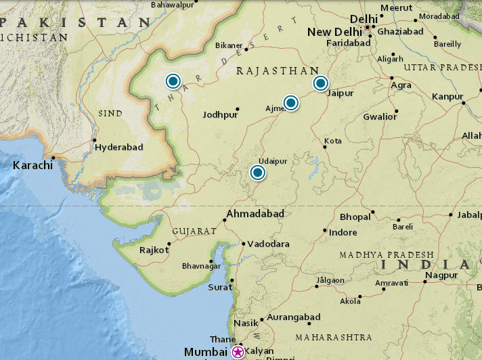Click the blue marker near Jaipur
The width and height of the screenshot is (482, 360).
[x=320, y=83]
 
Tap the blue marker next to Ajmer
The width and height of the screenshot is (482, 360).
[x=290, y=103]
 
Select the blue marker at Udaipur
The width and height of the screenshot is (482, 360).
[x=257, y=173]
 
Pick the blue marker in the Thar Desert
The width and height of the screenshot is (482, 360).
[x=173, y=81]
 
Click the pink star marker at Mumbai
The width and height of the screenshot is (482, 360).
[x=238, y=352]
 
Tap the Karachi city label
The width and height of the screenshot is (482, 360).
[x=32, y=165]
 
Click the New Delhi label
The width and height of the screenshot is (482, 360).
[x=334, y=32]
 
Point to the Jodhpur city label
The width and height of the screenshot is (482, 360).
[x=220, y=115]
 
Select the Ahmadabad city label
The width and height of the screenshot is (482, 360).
[x=255, y=213]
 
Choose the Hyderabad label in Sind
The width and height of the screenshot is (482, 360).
[x=118, y=147]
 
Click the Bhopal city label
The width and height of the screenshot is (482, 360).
[x=355, y=217]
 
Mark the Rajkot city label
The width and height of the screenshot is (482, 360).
[x=153, y=250]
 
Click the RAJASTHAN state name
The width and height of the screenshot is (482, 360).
[x=277, y=70]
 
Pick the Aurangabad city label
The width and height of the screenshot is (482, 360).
[x=294, y=317]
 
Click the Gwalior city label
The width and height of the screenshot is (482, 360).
[x=380, y=116]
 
